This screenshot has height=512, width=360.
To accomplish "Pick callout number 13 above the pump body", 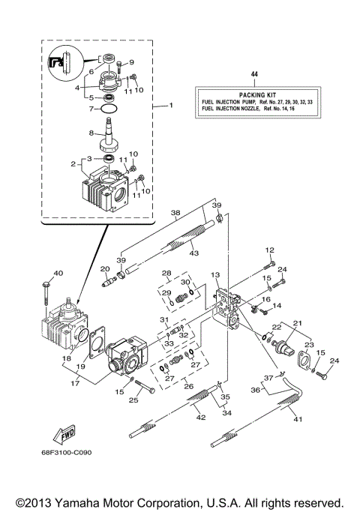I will [214, 275].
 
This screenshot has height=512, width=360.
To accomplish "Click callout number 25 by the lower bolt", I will [135, 400].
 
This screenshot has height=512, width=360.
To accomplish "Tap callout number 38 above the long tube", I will [175, 212].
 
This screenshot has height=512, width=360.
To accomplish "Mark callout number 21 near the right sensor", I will [298, 322].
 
